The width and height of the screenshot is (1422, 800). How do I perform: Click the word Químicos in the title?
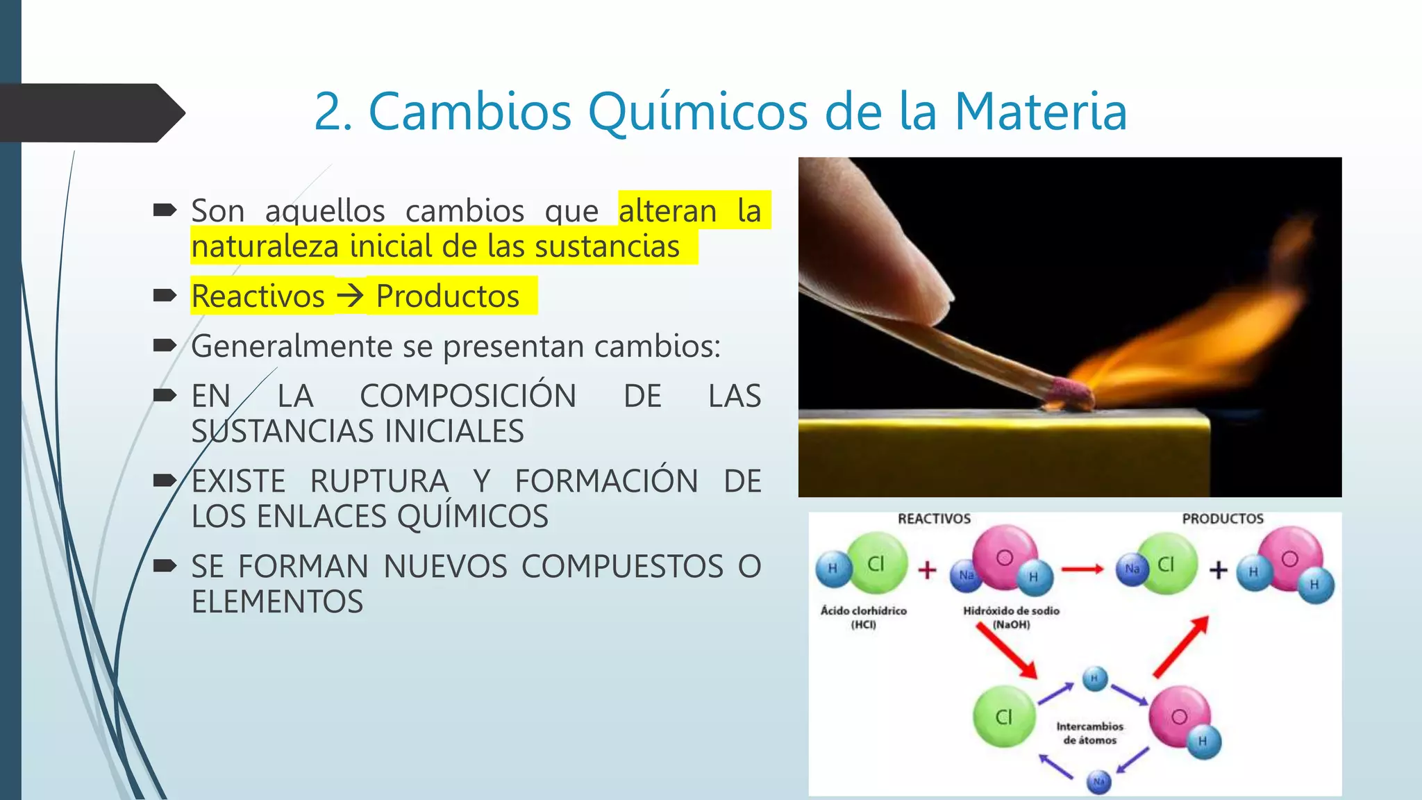tap(698, 112)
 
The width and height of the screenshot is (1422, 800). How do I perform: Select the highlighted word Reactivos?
tap(258, 297)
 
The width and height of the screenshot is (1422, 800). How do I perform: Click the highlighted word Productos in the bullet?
tap(448, 297)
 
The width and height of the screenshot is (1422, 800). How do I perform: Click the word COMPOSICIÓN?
tap(468, 397)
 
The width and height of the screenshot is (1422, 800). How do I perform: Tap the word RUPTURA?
tap(379, 481)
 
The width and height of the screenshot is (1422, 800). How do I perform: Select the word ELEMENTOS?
tap(277, 602)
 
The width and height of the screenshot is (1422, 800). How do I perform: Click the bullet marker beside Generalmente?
tap(165, 345)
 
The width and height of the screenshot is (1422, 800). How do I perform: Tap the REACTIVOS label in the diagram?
tap(934, 519)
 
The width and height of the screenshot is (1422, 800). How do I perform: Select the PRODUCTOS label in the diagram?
tap(1223, 519)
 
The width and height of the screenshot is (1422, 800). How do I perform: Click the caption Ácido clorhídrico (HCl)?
tap(864, 617)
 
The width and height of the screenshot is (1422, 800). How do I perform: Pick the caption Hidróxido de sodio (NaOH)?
tap(1011, 617)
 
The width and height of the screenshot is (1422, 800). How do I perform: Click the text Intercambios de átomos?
tap(1089, 733)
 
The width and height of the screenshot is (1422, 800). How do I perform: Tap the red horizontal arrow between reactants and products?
tap(1082, 569)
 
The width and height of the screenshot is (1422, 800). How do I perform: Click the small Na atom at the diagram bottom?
tap(1098, 782)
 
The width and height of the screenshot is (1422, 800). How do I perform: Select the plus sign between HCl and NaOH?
tap(928, 570)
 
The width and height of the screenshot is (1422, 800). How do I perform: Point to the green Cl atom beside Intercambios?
tap(1004, 716)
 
